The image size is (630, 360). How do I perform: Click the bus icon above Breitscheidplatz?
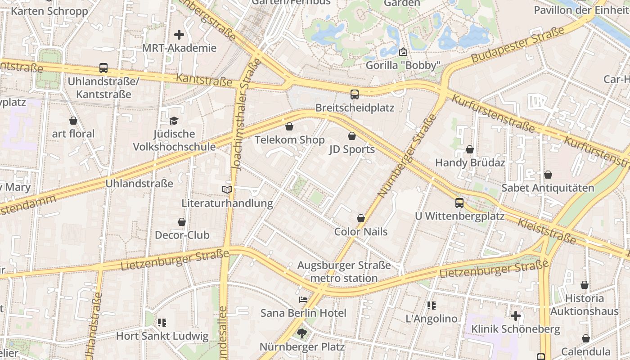point(355,94)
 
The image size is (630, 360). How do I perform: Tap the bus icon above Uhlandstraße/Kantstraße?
point(103,68)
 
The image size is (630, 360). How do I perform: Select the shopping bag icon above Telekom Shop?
point(289,126)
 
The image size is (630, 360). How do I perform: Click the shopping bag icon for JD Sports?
point(352,136)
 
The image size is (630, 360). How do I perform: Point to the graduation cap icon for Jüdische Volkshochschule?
point(174,121)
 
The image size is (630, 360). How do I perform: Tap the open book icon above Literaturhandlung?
point(227,190)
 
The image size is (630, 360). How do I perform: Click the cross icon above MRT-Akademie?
point(179,35)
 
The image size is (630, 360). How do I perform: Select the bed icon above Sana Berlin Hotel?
point(303,300)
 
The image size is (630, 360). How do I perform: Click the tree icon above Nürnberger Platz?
point(301,333)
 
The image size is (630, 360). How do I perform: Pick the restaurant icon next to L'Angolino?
point(432,306)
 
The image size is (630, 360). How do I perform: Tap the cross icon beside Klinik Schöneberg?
point(516,316)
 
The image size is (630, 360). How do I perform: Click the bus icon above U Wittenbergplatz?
point(459,203)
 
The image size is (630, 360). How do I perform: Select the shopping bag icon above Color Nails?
point(361,218)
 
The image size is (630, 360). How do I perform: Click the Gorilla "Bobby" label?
point(402,65)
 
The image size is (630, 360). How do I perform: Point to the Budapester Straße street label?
point(517,45)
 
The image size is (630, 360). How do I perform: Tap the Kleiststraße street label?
point(547,231)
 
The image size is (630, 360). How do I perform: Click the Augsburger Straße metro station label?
point(344,272)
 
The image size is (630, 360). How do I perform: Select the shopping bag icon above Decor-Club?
point(182,222)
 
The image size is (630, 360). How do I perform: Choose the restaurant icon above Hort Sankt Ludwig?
point(162,323)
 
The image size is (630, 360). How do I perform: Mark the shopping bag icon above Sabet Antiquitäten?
point(548,175)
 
